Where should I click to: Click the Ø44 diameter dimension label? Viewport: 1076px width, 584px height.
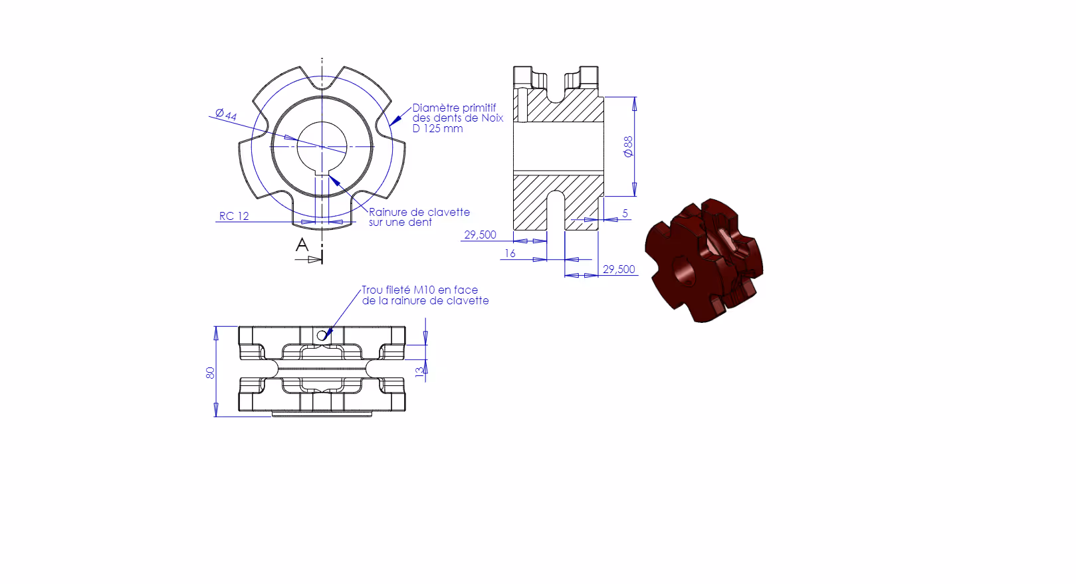pyautogui.click(x=226, y=114)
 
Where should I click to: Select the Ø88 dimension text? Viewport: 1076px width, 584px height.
pyautogui.click(x=628, y=146)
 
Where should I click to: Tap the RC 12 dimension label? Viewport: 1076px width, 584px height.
pyautogui.click(x=234, y=216)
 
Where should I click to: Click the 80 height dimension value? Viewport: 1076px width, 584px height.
pyautogui.click(x=211, y=373)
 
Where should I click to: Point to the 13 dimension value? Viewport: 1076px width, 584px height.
pyautogui.click(x=420, y=371)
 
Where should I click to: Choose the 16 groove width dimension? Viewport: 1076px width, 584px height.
pyautogui.click(x=510, y=253)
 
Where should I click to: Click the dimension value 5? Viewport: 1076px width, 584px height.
pyautogui.click(x=625, y=213)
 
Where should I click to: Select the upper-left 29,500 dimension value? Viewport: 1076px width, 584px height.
pyautogui.click(x=480, y=235)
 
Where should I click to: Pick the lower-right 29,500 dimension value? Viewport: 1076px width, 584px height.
pyautogui.click(x=619, y=269)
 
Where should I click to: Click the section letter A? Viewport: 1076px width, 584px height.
pyautogui.click(x=302, y=245)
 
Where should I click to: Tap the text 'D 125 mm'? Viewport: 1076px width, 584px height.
pyautogui.click(x=437, y=129)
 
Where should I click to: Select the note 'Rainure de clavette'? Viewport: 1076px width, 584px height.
pyautogui.click(x=419, y=212)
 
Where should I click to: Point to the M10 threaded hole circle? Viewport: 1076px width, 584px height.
pyautogui.click(x=322, y=336)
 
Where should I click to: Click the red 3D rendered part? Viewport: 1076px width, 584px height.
pyautogui.click(x=704, y=260)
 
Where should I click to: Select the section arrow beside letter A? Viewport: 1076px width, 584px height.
pyautogui.click(x=308, y=259)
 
